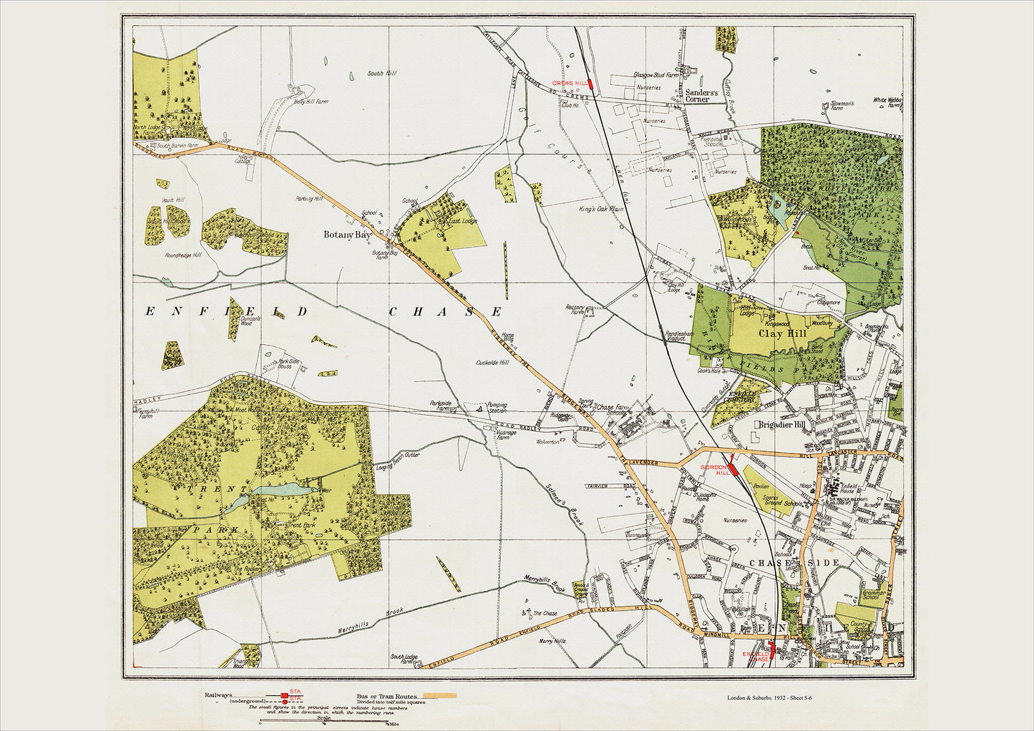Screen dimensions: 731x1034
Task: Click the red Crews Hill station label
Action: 569,83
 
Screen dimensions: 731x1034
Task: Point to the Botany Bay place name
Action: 347,235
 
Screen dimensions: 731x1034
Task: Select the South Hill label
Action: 381,73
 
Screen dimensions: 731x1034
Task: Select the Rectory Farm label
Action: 575,309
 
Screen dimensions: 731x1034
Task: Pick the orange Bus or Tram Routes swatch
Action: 439,695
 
